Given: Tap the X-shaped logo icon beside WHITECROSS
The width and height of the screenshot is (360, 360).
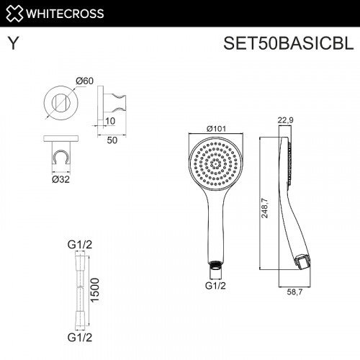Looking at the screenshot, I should tap(14, 12).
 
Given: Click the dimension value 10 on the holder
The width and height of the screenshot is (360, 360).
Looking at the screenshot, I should tap(109, 121).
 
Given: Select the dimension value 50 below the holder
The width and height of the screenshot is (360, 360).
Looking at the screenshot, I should tap(112, 140).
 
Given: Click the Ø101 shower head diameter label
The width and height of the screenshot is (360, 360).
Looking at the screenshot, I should tap(216, 129).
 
